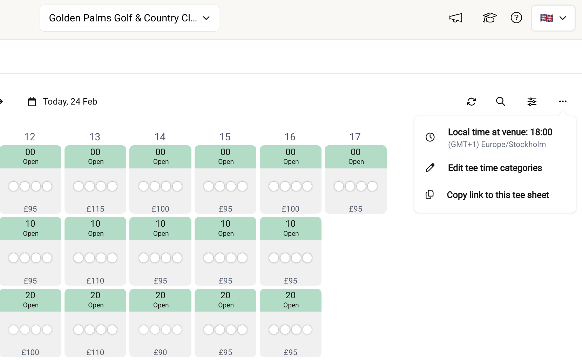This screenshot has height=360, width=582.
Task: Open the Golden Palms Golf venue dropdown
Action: tap(129, 18)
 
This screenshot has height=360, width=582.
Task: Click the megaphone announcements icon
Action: tap(456, 18)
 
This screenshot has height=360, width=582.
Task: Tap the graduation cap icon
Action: tap(490, 18)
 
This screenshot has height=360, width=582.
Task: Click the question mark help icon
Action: tap(516, 18)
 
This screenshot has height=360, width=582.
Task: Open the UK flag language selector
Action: tap(553, 18)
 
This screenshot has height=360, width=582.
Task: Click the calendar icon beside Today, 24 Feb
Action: tap(32, 102)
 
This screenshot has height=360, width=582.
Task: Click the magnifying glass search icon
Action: tap(500, 101)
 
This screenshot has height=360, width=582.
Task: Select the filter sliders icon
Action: tap(532, 101)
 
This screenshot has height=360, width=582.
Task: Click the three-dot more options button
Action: tap(563, 101)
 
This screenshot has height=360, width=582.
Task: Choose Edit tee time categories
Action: tap(495, 168)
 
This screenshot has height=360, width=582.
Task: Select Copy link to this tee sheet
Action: tap(498, 195)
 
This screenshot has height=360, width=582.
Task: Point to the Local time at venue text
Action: tap(500, 132)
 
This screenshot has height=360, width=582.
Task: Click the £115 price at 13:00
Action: tap(95, 209)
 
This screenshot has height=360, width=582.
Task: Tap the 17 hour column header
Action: tap(355, 137)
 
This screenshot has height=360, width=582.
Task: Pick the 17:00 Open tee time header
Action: tap(356, 156)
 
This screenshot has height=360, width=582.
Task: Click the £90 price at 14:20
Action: tap(160, 352)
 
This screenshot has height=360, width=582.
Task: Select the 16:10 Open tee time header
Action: tap(291, 228)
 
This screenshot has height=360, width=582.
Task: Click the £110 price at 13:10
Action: tap(95, 281)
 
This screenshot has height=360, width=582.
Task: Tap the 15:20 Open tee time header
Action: tap(225, 300)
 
